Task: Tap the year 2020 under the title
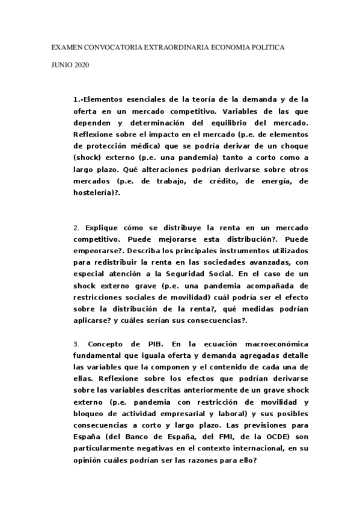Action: pyautogui.click(x=81, y=65)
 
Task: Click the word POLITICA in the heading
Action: pyautogui.click(x=268, y=46)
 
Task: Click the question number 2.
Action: pyautogui.click(x=76, y=229)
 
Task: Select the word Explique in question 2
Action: pyautogui.click(x=102, y=229)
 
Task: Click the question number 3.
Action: pyautogui.click(x=76, y=343)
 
